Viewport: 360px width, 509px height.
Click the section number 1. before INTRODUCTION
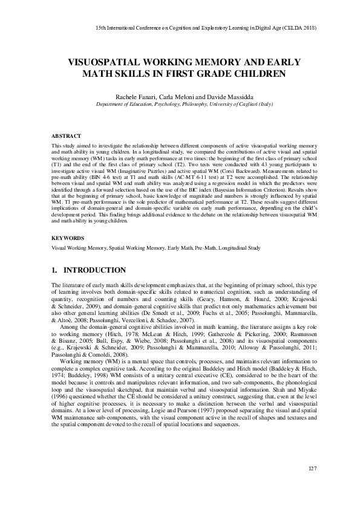[55, 270]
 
